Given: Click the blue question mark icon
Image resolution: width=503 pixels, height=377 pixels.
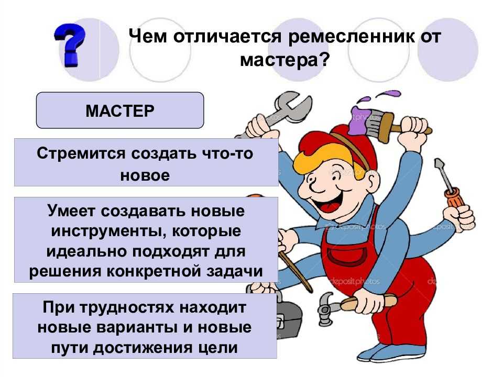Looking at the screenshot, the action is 70,45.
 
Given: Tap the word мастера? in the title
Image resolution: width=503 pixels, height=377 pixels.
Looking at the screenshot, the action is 285,59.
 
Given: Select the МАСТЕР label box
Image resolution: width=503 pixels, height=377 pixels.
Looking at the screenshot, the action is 120,110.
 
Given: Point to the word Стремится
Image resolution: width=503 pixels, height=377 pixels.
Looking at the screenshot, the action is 81,153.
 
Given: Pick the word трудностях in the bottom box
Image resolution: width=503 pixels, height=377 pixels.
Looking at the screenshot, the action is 126,308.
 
